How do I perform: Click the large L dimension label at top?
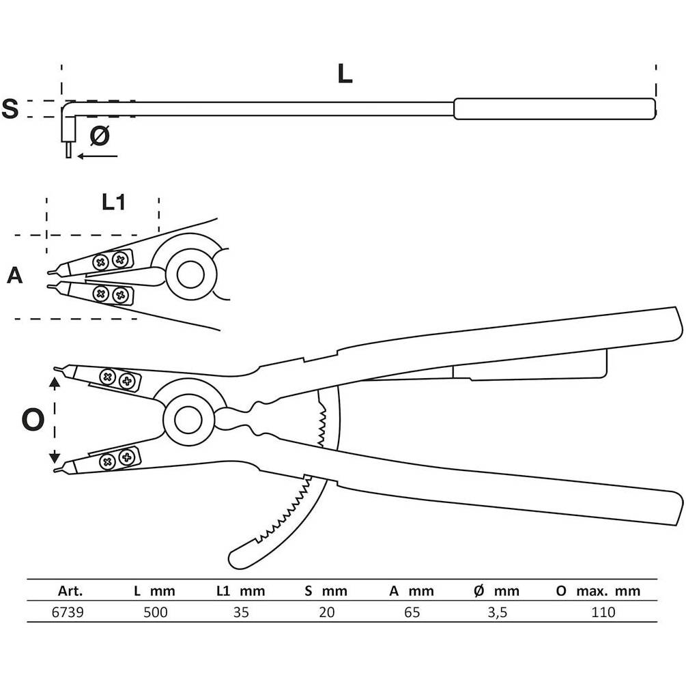(345, 74)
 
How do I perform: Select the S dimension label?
(10, 109)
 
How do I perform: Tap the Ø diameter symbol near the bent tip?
(100, 136)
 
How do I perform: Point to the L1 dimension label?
(113, 202)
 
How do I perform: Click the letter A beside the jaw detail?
(14, 276)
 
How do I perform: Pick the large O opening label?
(33, 420)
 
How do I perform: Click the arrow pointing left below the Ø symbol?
(98, 156)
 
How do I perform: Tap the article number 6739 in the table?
(68, 612)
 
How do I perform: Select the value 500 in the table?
(156, 612)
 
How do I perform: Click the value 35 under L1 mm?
(241, 612)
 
